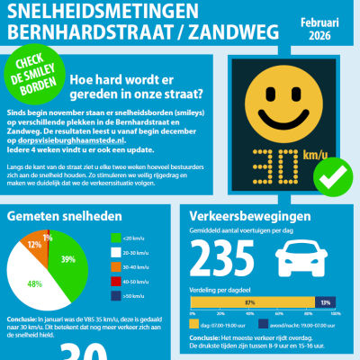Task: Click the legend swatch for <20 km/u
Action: [x=115, y=238]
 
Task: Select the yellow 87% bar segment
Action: [x=248, y=302]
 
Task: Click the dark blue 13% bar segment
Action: [x=325, y=302]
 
